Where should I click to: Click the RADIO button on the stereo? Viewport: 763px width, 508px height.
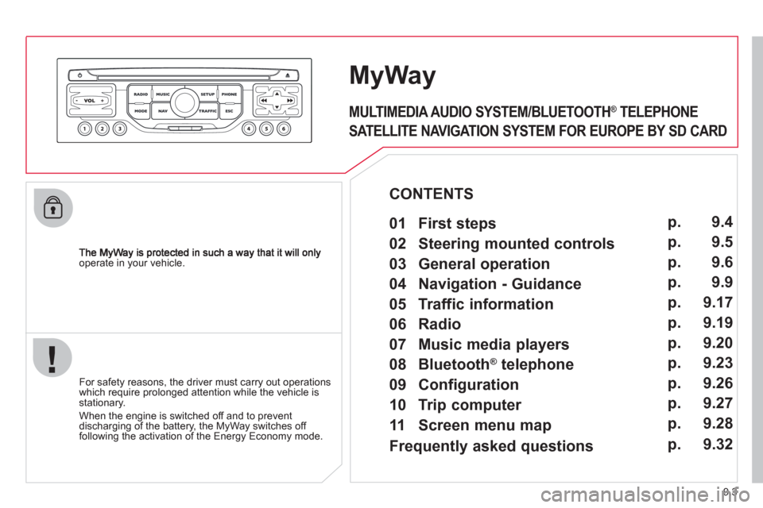140,94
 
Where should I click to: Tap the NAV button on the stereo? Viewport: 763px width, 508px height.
162,111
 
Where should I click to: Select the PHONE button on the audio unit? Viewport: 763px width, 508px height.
229,94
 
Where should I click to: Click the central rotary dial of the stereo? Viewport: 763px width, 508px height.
184,102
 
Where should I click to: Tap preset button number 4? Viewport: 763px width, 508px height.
249,129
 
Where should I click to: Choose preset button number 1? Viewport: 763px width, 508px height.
85,129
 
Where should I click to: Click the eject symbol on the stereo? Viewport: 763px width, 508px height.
288,75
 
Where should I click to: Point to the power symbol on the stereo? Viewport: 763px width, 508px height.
79,75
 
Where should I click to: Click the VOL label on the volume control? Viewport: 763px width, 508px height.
90,101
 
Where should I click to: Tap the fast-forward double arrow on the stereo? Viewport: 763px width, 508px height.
290,101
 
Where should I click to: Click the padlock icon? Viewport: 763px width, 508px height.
53,208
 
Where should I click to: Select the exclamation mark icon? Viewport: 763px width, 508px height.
52,358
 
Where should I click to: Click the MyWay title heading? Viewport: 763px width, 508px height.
392,76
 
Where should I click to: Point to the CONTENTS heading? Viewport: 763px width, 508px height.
431,194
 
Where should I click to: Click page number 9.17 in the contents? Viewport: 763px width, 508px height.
718,302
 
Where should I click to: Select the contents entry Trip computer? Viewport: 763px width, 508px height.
470,405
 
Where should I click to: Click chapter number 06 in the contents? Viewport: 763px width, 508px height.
397,324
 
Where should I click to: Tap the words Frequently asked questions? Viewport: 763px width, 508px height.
491,446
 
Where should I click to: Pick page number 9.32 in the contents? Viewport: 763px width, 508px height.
718,444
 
